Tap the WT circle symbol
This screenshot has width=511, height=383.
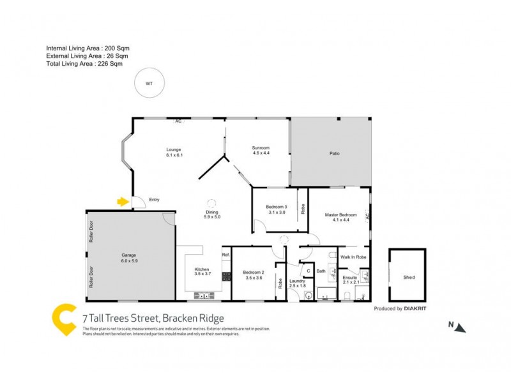[x=149, y=83]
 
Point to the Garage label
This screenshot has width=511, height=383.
[x=129, y=257]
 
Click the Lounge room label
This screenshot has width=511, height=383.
[x=174, y=151]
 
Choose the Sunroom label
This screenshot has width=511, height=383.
[x=261, y=148]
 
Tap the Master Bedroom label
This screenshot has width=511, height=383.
[x=340, y=214]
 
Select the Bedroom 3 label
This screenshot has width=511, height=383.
[x=276, y=206]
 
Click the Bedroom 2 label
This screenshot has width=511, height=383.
[x=253, y=273]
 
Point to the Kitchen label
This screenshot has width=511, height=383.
[x=202, y=269]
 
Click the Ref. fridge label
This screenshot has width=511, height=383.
[x=225, y=255]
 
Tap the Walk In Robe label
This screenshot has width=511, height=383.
[x=353, y=257]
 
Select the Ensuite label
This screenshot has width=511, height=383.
[x=350, y=278]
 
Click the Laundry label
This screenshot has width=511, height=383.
[x=297, y=280]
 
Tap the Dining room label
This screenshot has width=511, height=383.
[x=212, y=213]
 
